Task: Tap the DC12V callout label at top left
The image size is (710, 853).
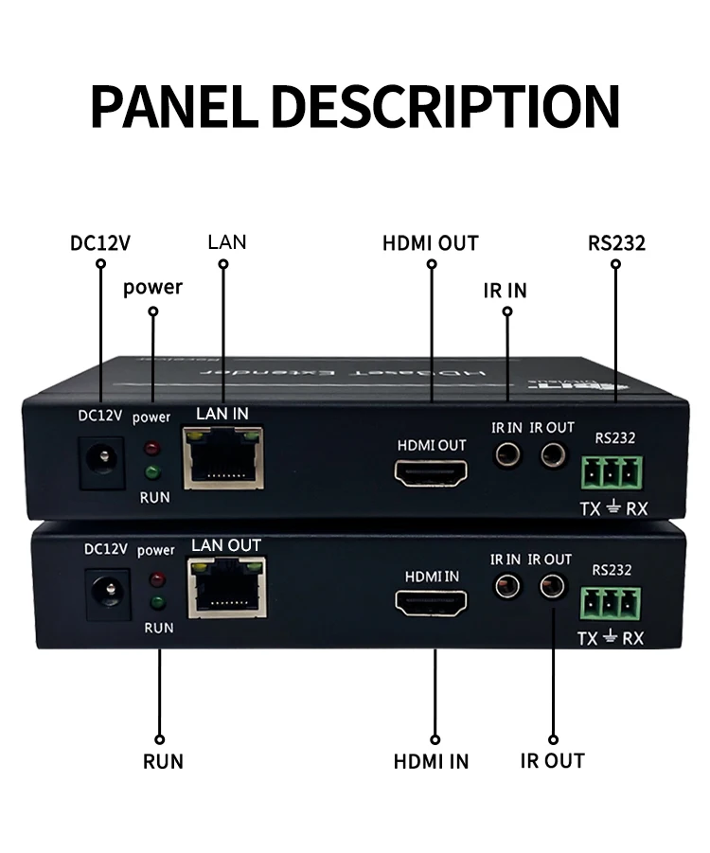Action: (x=100, y=242)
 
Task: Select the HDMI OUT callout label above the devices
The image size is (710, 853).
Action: (x=431, y=243)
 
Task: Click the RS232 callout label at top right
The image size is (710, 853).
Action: (x=616, y=243)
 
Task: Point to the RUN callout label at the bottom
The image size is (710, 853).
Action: (x=163, y=761)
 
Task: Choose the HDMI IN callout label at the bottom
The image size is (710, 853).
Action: (x=432, y=761)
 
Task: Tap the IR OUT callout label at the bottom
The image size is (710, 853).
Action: (x=553, y=760)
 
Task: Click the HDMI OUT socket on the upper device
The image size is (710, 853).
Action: (x=432, y=471)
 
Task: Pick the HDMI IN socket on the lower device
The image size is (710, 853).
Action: (x=432, y=601)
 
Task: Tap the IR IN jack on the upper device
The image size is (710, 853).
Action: (x=508, y=456)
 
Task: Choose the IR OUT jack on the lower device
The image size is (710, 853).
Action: (x=552, y=587)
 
